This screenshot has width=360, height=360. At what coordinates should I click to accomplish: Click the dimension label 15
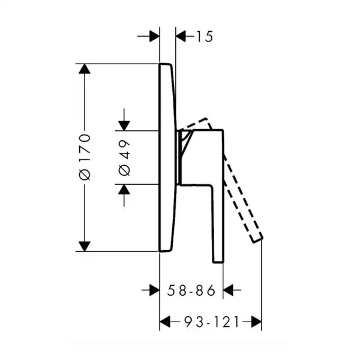205,37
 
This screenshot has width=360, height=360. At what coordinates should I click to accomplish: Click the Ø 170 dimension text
85,157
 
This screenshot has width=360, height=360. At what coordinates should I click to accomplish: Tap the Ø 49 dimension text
124,158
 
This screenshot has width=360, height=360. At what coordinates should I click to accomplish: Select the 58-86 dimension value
191,290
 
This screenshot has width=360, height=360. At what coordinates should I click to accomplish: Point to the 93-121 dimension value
212,322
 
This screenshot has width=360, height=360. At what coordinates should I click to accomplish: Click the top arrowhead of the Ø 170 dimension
85,68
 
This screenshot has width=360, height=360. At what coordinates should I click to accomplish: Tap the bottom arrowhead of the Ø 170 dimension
85,247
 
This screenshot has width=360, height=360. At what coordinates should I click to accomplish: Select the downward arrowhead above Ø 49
124,126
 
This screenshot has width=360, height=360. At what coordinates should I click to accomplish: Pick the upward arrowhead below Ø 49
124,189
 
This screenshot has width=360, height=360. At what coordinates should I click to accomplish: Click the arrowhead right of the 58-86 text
228,290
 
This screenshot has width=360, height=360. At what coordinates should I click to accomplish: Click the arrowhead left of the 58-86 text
155,290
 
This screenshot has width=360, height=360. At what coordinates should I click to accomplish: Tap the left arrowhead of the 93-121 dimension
164,322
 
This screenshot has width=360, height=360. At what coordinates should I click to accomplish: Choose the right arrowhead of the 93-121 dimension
256,322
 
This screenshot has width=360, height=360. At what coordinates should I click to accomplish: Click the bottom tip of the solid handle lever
218,262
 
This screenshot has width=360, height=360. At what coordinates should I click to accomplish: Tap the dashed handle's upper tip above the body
206,118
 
